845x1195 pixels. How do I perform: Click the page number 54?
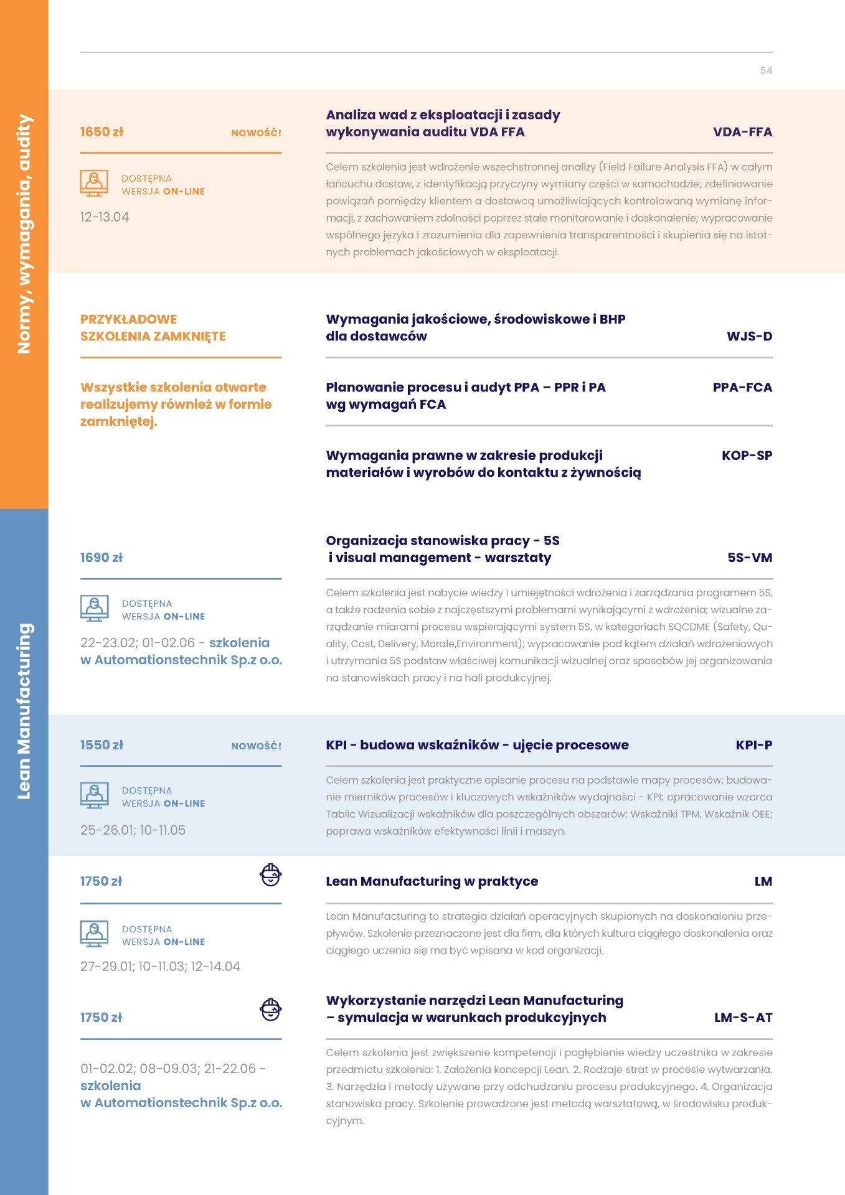766,70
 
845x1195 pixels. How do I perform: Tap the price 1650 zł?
101,132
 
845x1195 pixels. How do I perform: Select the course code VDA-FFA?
742,132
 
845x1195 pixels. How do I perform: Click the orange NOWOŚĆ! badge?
256,133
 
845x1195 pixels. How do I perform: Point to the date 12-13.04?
105,217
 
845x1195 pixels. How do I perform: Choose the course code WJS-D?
749,336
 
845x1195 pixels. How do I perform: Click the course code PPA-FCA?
742,387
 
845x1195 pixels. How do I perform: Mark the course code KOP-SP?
747,455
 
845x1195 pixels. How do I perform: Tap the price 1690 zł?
101,558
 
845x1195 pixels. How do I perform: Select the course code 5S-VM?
750,558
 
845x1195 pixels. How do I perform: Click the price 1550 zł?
101,745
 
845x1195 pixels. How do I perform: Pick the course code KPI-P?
753,745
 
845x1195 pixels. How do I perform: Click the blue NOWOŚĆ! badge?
256,746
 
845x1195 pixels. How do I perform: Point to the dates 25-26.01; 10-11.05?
133,830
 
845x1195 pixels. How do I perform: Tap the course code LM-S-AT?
743,1018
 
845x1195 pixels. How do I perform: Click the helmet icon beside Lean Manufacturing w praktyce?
270,875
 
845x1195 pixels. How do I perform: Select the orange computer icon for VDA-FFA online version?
94,183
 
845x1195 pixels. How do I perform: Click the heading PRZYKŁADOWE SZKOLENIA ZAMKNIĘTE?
153,327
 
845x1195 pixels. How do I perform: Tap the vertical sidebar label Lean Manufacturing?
24,711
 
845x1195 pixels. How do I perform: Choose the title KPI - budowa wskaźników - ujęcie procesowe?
477,745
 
